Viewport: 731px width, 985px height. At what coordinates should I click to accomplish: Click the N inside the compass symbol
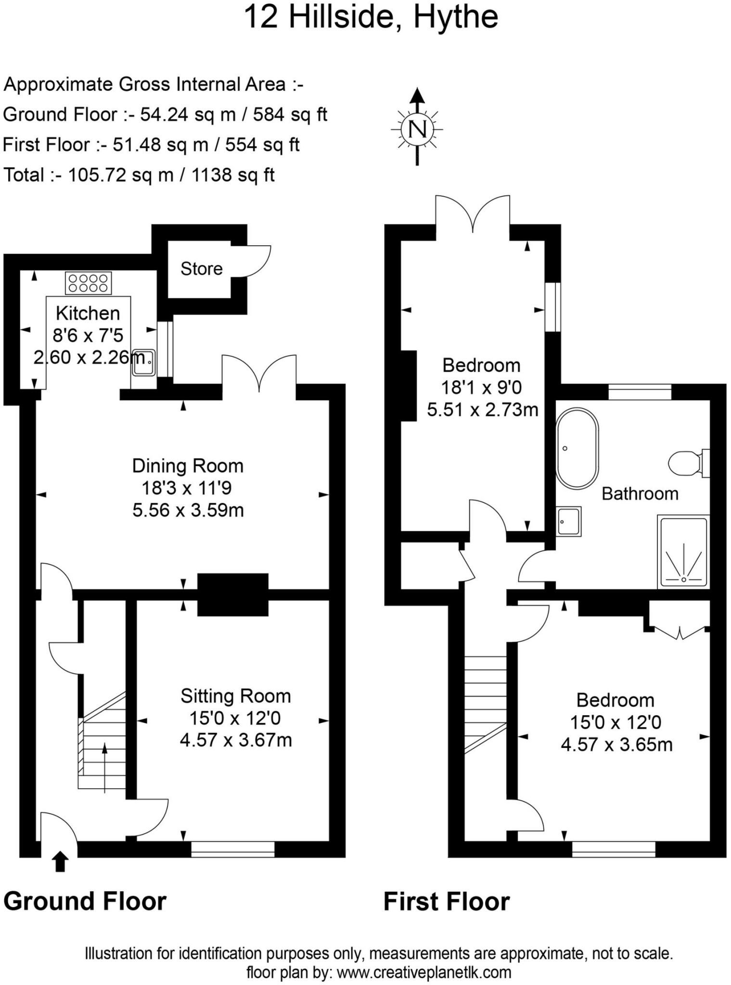pyautogui.click(x=417, y=129)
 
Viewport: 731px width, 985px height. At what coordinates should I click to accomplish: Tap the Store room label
pyautogui.click(x=201, y=268)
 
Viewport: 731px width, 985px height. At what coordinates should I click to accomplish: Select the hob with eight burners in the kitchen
pyautogui.click(x=88, y=283)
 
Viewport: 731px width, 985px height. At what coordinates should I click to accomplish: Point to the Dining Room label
pyautogui.click(x=188, y=466)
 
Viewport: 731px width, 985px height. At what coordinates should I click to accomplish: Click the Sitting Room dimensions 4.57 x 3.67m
pyautogui.click(x=236, y=740)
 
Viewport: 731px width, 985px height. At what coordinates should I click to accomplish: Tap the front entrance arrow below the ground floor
pyautogui.click(x=60, y=861)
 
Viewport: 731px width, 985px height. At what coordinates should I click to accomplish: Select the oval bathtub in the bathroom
pyautogui.click(x=577, y=448)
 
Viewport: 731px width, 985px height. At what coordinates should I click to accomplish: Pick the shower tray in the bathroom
pyautogui.click(x=683, y=552)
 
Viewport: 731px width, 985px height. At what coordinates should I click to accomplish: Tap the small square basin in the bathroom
pyautogui.click(x=569, y=521)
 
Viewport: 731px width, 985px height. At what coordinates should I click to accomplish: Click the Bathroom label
pyautogui.click(x=640, y=494)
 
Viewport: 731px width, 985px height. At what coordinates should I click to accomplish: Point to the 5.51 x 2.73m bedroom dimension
pyautogui.click(x=482, y=410)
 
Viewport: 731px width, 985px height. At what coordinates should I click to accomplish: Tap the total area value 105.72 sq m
pyautogui.click(x=120, y=175)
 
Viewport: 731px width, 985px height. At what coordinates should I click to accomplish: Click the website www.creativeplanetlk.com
pyautogui.click(x=423, y=972)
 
